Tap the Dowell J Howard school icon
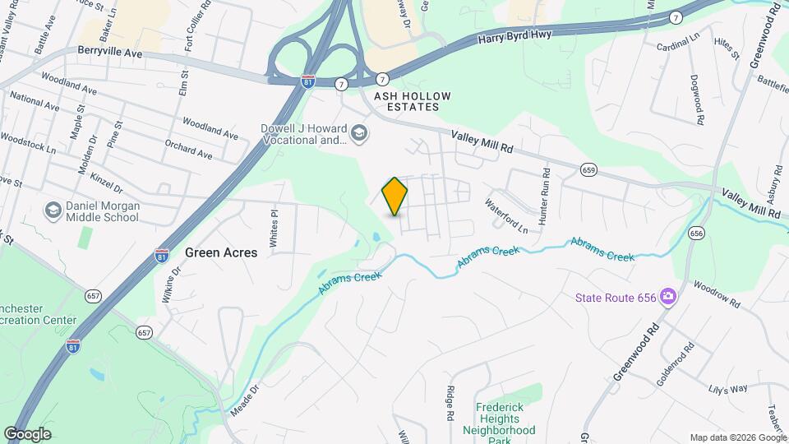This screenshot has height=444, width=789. point(359,132)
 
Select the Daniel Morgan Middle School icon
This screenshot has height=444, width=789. point(53,210)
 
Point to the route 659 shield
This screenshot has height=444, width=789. point(588,169)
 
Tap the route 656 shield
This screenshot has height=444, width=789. point(696,233)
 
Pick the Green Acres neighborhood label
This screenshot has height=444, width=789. point(221,252)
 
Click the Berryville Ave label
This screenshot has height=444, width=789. point(110,53)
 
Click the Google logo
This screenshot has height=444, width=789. point(26,433)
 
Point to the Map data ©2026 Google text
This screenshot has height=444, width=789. point(737,437)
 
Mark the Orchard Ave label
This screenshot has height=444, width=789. point(187,150)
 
